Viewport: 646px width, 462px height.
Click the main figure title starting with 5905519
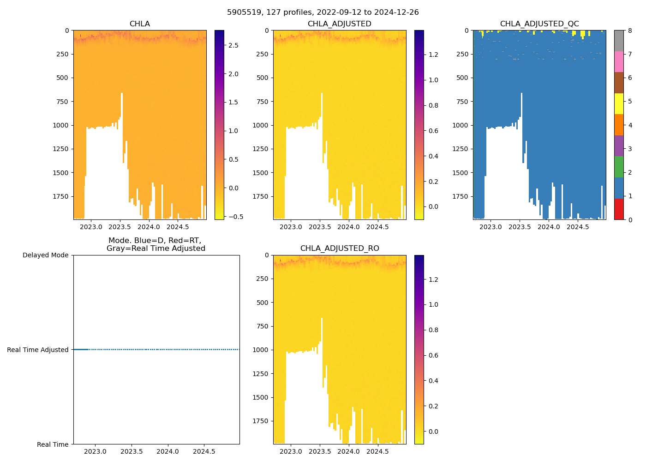point(323,12)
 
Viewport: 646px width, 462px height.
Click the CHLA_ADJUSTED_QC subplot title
point(539,24)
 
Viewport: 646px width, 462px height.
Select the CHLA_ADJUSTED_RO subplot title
point(340,249)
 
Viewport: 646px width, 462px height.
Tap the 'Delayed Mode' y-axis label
point(45,255)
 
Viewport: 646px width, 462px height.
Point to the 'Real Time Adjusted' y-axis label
point(37,350)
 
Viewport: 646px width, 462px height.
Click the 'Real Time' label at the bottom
point(53,444)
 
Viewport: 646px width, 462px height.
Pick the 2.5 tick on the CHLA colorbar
point(233,45)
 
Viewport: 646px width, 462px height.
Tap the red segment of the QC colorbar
point(619,209)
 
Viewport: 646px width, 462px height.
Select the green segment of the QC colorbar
point(619,167)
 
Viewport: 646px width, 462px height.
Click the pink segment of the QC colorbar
point(619,62)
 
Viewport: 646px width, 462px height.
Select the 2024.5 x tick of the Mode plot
point(203,451)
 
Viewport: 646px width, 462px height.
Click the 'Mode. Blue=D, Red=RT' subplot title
point(156,244)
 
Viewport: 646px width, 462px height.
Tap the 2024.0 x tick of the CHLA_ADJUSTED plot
point(348,227)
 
